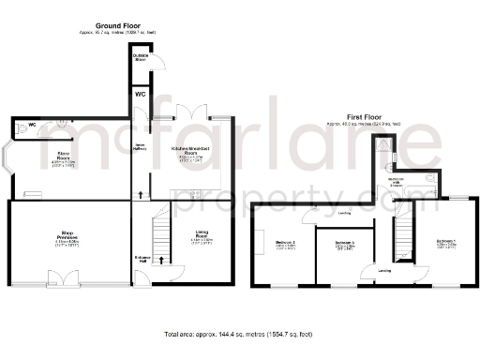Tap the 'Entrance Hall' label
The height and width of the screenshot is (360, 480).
pos(142,258)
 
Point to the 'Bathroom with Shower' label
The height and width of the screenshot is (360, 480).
pos(397,183)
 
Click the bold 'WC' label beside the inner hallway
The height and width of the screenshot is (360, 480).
pos(140,95)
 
